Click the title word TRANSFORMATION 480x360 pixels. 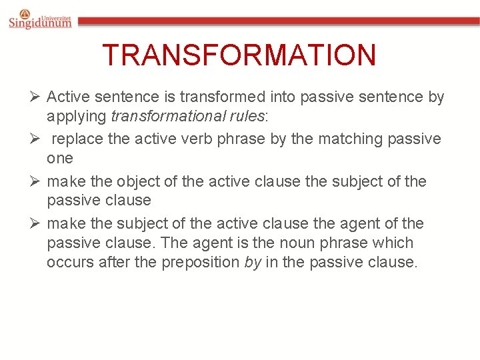[239, 55]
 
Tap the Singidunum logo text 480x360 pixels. [40, 23]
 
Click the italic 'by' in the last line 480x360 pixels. [253, 263]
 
